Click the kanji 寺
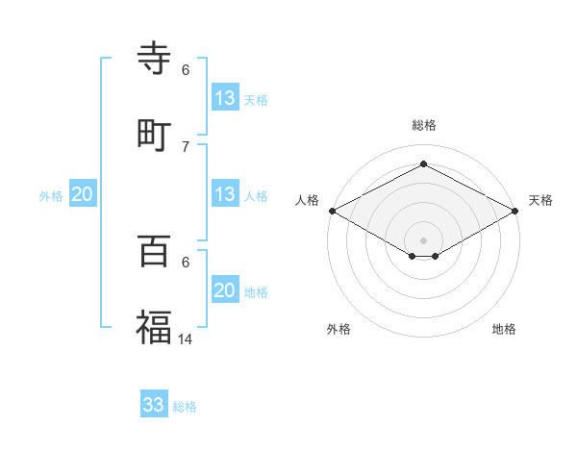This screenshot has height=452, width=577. pyautogui.click(x=154, y=59)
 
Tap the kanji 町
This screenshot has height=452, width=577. pyautogui.click(x=154, y=136)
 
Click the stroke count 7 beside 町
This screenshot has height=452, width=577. pyautogui.click(x=186, y=146)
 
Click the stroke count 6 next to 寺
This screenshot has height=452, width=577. pyautogui.click(x=186, y=69)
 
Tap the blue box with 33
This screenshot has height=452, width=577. pyautogui.click(x=154, y=405)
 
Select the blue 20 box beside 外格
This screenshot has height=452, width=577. pyautogui.click(x=82, y=194)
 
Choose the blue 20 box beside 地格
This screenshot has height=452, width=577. pyautogui.click(x=225, y=290)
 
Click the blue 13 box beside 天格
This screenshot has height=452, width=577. pyautogui.click(x=225, y=98)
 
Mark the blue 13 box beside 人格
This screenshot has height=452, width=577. pyautogui.click(x=225, y=194)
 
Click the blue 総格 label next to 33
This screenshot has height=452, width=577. pyautogui.click(x=185, y=407)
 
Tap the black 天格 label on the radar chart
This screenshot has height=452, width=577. pyautogui.click(x=540, y=200)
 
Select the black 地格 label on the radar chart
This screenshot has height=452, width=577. pyautogui.click(x=504, y=329)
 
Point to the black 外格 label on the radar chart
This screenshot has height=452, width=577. pyautogui.click(x=339, y=329)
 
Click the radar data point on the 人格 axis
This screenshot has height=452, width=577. pyautogui.click(x=332, y=211)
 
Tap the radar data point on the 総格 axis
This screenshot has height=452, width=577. pyautogui.click(x=423, y=164)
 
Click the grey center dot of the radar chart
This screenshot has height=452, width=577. pyautogui.click(x=423, y=239)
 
